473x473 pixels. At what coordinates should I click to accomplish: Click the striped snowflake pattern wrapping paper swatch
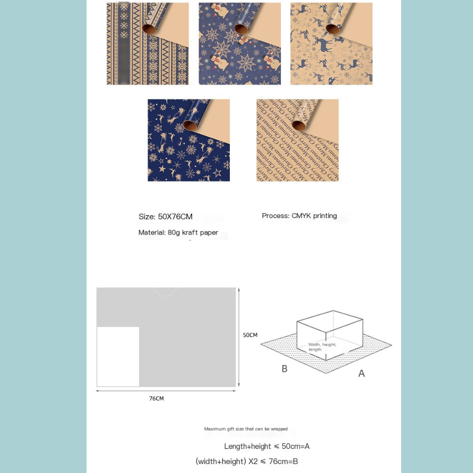(x=148, y=44)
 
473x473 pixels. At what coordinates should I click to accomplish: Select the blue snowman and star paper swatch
(x=239, y=44)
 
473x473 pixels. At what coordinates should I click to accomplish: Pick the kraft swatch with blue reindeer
(x=331, y=44)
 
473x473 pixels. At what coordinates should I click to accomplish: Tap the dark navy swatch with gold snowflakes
(x=188, y=140)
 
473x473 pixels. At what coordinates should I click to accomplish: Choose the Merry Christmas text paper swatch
(x=297, y=140)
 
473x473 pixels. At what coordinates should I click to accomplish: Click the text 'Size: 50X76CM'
(x=166, y=217)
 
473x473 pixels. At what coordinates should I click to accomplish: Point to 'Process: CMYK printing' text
(x=299, y=216)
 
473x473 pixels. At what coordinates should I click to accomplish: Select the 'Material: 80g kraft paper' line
(x=178, y=232)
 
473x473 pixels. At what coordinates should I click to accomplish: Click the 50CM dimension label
(x=250, y=335)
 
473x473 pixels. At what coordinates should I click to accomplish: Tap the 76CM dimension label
(x=157, y=399)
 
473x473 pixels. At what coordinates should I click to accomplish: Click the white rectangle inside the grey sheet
(x=118, y=357)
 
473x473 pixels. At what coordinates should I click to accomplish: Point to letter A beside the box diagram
(x=361, y=374)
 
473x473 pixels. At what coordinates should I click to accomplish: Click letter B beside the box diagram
(x=284, y=369)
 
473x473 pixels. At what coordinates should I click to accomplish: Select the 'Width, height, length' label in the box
(x=322, y=347)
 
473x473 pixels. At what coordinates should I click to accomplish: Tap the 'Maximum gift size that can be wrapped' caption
(x=245, y=429)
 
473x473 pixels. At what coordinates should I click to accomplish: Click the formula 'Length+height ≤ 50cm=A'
(x=267, y=446)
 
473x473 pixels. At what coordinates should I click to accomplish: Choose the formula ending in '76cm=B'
(x=246, y=461)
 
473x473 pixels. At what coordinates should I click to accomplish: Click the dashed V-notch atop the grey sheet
(x=165, y=293)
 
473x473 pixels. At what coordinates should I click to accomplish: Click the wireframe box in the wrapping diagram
(x=330, y=333)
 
